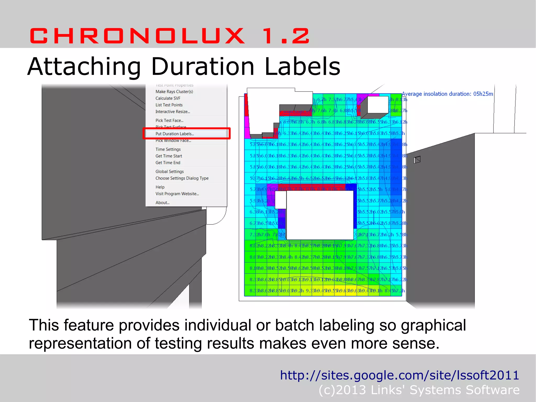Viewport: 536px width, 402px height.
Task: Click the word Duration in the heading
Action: coord(203,67)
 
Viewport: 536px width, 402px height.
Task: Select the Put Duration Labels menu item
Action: coord(175,134)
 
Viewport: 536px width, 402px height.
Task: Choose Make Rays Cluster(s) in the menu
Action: coord(174,92)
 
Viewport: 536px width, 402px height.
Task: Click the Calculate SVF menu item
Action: coord(168,98)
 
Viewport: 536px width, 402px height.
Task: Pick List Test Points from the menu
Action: coord(169,105)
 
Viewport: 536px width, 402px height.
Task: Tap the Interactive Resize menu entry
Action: coord(172,112)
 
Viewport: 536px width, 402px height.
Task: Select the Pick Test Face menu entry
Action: coord(169,120)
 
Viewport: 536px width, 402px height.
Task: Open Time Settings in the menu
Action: coord(168,149)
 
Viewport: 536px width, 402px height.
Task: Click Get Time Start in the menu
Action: coord(169,156)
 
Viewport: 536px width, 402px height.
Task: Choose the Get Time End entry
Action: coord(168,163)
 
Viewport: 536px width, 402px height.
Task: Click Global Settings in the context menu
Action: coord(170,172)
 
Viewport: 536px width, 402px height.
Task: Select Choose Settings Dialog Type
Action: coord(182,178)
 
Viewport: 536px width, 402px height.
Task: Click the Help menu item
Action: coord(160,187)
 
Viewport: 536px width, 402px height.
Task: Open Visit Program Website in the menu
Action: coord(177,194)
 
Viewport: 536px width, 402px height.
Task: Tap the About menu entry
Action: coord(162,203)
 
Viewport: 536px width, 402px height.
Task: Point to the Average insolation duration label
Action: coord(447,94)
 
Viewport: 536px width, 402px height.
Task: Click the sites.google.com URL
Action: coord(399,375)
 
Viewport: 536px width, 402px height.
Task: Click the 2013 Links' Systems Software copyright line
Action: coord(419,390)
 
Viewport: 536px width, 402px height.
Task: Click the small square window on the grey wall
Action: coord(417,159)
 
